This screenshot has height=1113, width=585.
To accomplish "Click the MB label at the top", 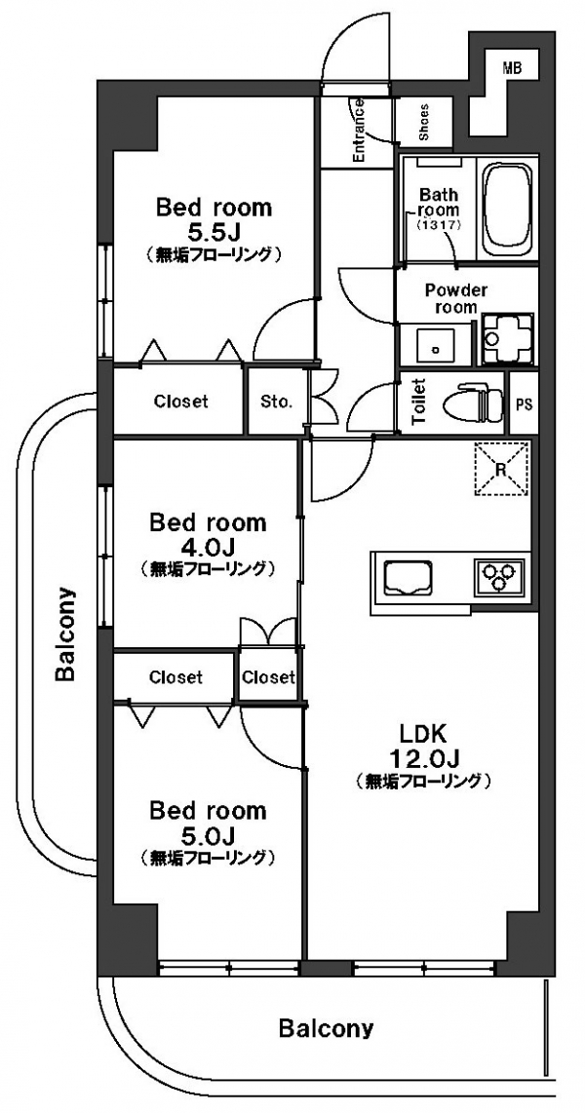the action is point(511,68).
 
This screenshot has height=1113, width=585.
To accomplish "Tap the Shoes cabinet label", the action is point(424,125).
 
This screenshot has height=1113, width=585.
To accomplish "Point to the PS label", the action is point(524,405).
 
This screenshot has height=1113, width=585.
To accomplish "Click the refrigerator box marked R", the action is point(501,468).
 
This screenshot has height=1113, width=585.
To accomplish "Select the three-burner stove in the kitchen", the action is point(499,574).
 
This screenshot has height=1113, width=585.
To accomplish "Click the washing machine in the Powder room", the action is point(507,338).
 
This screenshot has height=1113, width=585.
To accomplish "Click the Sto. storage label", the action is point(276,403).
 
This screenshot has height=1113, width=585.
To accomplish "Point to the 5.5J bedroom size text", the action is point(213,231).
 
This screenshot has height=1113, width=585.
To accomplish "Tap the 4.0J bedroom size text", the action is point(208,547).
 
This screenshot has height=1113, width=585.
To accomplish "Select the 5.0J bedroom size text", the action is point(208,833).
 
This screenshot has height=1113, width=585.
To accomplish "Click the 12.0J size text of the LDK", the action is point(424,758).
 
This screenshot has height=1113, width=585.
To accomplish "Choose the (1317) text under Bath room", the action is point(440,225).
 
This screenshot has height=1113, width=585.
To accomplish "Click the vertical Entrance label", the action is point(359,132).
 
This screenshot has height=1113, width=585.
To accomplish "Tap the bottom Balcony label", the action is point(326,1028).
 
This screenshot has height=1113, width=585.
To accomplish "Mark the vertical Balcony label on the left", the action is point(65,633).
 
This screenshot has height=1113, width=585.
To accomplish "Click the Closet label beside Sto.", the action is point(181,402).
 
